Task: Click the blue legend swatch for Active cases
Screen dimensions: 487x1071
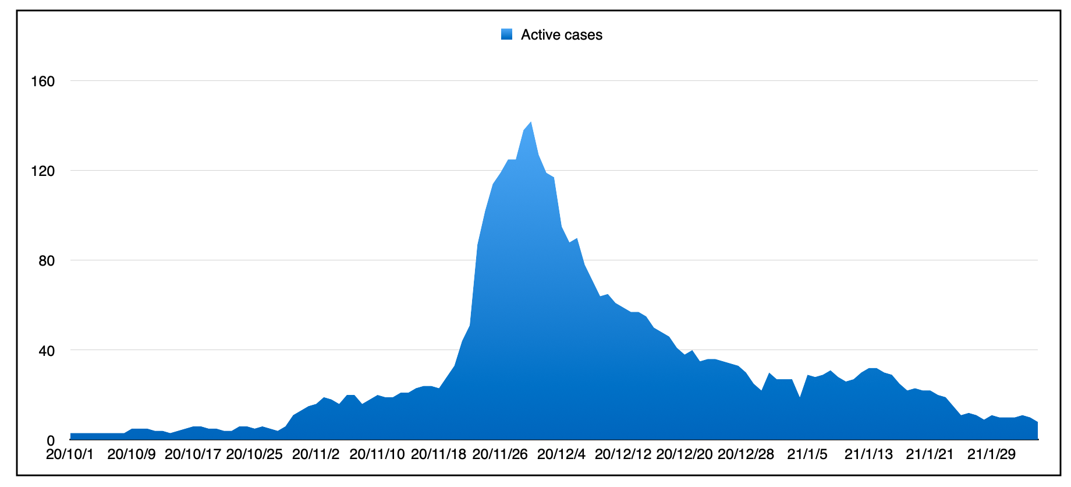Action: (x=506, y=34)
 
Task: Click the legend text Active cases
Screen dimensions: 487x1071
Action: (x=561, y=35)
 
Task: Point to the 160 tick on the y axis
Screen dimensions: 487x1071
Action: (x=42, y=81)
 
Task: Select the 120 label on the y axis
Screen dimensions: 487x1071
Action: (x=42, y=171)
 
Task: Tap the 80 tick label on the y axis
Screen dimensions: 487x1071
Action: (x=46, y=260)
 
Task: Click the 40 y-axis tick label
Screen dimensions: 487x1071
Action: (x=46, y=351)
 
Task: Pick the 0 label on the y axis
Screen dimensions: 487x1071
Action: (x=51, y=441)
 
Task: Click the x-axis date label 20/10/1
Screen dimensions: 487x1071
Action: (x=70, y=454)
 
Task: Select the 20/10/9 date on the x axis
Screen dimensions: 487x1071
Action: (x=132, y=454)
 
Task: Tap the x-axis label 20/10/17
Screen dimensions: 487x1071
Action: (x=193, y=454)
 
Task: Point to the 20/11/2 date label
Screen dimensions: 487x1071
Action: (x=315, y=454)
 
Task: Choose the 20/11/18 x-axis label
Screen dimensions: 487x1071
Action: (x=438, y=454)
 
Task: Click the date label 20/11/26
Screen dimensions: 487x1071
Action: (x=500, y=454)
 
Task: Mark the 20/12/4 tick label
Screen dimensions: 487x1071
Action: (x=561, y=454)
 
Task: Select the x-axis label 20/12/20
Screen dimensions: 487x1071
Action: (x=684, y=454)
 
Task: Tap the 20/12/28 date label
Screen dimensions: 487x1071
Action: (x=746, y=454)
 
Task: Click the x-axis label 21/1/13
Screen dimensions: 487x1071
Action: (x=868, y=454)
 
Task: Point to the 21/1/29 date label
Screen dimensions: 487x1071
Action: (x=991, y=454)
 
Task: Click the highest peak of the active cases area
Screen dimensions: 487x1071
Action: (x=530, y=122)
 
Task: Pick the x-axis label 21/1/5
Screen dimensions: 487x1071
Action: (x=807, y=454)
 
